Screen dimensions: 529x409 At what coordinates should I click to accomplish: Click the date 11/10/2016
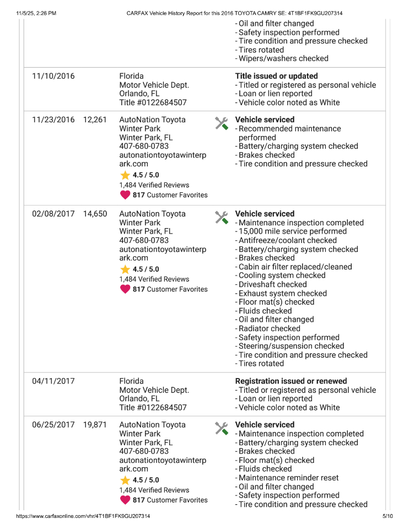(x=53, y=76)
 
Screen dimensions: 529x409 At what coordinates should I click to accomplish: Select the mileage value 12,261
(x=95, y=120)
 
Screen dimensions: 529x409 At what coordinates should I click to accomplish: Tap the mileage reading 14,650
(x=95, y=214)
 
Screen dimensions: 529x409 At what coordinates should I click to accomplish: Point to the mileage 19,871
(x=95, y=425)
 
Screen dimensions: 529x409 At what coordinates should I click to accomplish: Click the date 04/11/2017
(x=53, y=381)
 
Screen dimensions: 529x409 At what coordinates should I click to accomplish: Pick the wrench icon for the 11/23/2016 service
(x=221, y=123)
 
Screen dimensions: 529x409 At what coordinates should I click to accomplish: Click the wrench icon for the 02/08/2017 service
(x=221, y=217)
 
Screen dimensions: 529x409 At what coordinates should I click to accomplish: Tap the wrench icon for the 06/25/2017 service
(x=221, y=428)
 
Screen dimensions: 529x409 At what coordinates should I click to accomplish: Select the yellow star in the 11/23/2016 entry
(x=125, y=175)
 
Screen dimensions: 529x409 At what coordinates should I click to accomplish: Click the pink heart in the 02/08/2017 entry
(x=125, y=289)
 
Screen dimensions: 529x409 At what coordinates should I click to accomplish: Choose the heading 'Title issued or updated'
(x=276, y=76)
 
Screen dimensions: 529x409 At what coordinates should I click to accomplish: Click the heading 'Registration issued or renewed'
(x=291, y=381)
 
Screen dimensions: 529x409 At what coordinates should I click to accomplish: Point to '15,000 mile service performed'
(x=292, y=231)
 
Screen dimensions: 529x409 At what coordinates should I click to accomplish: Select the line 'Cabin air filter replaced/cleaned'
(x=295, y=267)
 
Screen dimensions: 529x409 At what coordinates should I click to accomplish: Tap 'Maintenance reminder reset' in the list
(x=288, y=478)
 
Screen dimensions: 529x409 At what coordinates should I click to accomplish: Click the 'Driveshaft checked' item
(x=272, y=284)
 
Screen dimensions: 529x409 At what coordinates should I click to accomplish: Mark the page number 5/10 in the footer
(x=388, y=516)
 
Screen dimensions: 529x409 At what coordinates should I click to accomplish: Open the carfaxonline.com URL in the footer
(x=83, y=516)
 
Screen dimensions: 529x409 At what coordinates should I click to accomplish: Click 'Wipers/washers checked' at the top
(x=283, y=58)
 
